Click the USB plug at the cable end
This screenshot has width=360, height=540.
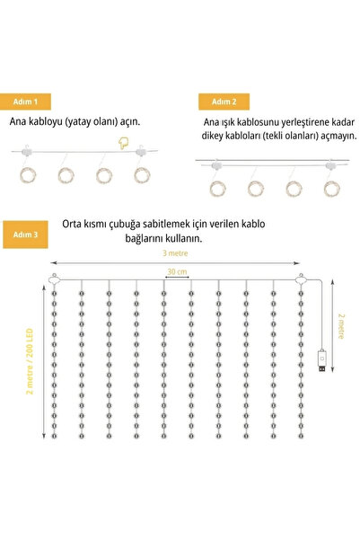[x=321, y=366]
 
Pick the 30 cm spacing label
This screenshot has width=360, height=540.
[x=177, y=271]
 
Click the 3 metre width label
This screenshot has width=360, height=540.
[x=176, y=254]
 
